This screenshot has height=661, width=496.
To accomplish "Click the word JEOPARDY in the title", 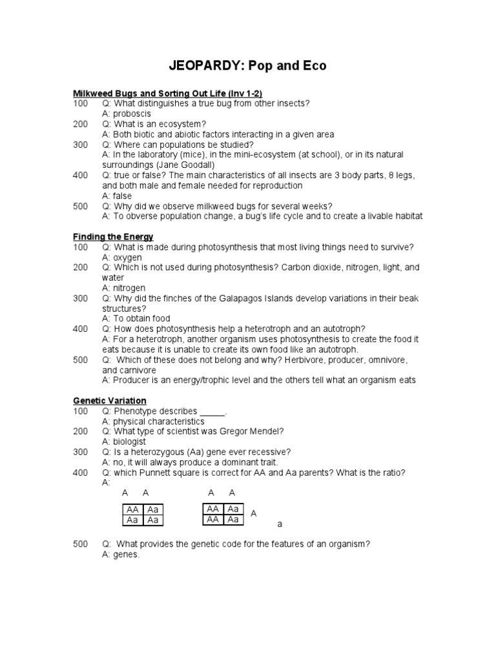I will pyautogui.click(x=205, y=66).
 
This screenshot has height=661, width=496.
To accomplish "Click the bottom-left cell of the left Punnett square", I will pyautogui.click(x=132, y=520).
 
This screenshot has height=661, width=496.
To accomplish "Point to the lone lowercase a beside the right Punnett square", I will pyautogui.click(x=280, y=524).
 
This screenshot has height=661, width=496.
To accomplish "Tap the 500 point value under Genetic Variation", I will pyautogui.click(x=80, y=544).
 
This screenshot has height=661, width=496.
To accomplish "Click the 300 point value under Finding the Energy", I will pyautogui.click(x=80, y=298).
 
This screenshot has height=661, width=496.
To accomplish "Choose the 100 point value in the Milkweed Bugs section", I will pyautogui.click(x=80, y=103).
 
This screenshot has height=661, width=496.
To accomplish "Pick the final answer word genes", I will pyautogui.click(x=127, y=554).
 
